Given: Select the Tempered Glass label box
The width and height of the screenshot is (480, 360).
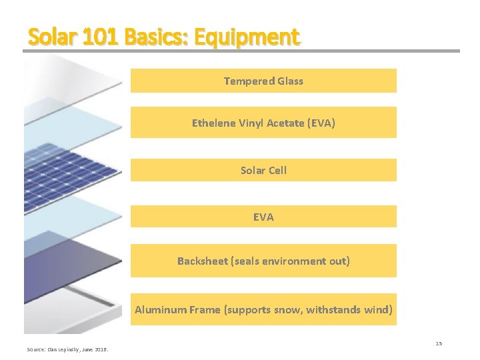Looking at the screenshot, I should click(x=263, y=81).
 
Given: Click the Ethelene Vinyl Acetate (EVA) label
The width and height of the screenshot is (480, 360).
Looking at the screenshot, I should click(x=263, y=123).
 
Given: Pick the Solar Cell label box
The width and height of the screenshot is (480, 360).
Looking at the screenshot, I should click(x=263, y=170).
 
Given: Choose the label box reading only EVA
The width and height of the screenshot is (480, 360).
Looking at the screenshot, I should click(x=263, y=217).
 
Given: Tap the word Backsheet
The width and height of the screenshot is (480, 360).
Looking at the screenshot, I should click(x=203, y=261).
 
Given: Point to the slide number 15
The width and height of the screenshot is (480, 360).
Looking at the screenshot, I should click(x=439, y=343).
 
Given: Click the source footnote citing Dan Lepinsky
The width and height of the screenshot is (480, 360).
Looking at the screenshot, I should click(x=68, y=349).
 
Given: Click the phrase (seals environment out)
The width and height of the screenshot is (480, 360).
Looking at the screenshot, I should click(x=290, y=261).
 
